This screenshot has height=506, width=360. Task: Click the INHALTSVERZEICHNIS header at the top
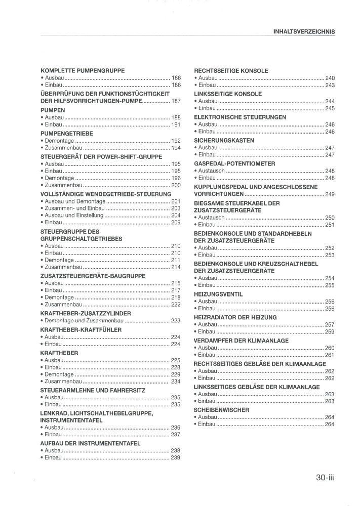click(x=304, y=31)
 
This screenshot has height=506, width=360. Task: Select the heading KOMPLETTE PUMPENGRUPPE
click(x=83, y=71)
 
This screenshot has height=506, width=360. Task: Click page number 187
click(x=176, y=101)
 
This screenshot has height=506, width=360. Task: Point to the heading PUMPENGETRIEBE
click(x=66, y=133)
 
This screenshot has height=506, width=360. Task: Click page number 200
click(x=176, y=185)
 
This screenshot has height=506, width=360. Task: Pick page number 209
click(x=176, y=223)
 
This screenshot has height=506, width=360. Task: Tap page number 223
click(x=176, y=320)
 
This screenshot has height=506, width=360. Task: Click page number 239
click(x=176, y=458)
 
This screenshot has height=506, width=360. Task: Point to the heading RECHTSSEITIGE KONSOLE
click(x=231, y=71)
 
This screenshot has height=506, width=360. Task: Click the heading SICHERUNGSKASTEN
click(x=224, y=140)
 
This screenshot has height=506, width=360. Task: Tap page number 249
click(x=330, y=194)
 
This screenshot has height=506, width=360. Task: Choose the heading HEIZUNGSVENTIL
click(x=218, y=294)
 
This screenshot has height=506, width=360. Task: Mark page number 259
click(x=330, y=332)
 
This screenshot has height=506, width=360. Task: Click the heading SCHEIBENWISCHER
click(x=222, y=410)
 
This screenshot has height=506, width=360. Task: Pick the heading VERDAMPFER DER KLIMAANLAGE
click(x=241, y=341)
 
